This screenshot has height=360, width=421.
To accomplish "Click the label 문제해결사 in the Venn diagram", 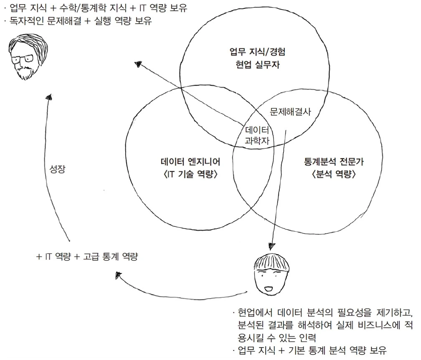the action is [291, 112].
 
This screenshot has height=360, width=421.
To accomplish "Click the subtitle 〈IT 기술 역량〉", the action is [190, 175].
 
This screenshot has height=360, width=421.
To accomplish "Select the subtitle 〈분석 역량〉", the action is [333, 175].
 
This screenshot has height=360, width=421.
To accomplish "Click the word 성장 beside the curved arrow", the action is [57, 170].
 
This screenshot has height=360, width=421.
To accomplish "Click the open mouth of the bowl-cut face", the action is [269, 288].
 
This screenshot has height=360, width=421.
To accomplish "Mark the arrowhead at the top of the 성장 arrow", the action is [49, 98].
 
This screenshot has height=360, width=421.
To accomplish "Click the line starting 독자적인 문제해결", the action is [80, 21].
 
